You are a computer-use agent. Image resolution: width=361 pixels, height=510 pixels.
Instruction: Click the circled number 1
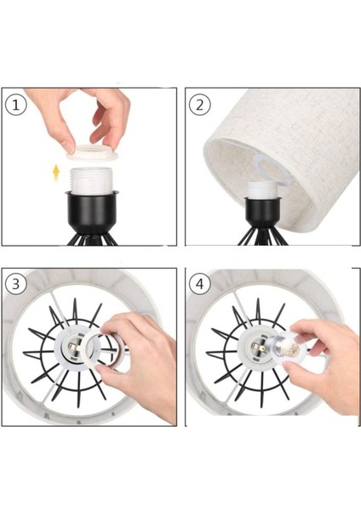15,105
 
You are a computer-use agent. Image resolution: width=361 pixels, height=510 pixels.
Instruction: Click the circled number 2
199,105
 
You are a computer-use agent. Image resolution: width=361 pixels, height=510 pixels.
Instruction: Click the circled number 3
15,284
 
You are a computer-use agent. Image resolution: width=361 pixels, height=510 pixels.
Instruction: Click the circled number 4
199,284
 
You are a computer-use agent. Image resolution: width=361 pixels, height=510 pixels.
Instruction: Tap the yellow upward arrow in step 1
56,173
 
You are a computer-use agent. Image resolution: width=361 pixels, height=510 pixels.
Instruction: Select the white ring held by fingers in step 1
92,153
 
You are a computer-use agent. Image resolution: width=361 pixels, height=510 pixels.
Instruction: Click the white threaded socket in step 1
92,181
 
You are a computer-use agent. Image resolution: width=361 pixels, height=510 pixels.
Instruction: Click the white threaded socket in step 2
262,190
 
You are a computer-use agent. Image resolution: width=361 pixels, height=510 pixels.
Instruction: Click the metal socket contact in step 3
72,348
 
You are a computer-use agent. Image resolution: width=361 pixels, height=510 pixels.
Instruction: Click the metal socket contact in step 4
256,348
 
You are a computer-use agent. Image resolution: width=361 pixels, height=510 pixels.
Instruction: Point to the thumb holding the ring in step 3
109,373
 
